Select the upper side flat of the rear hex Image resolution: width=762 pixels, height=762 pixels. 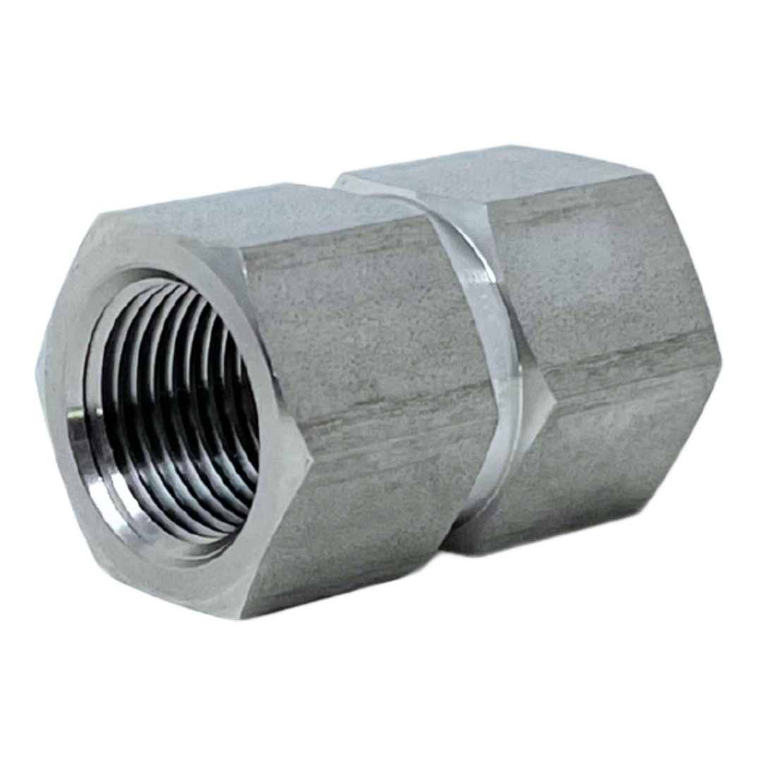pos(600,268)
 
